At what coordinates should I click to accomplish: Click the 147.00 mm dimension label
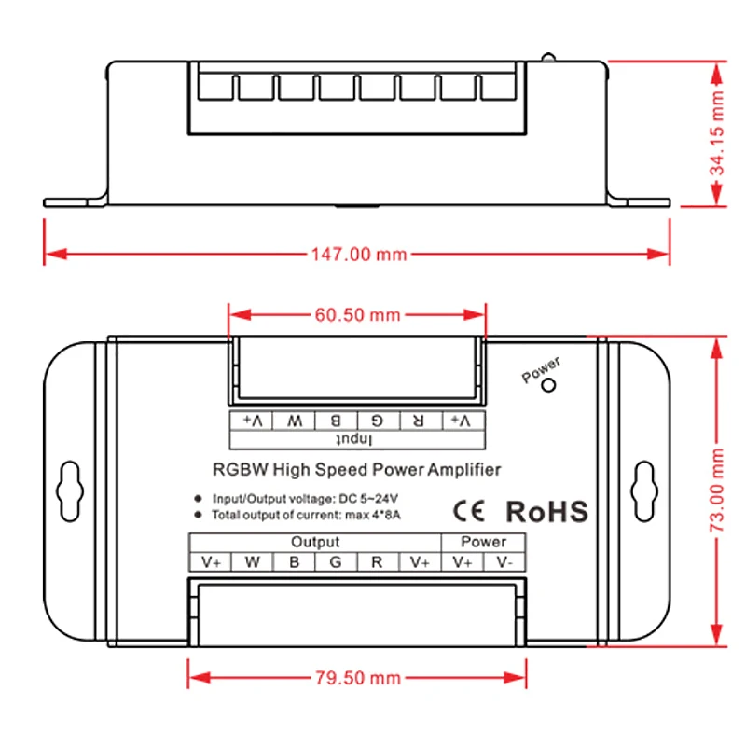click(x=358, y=254)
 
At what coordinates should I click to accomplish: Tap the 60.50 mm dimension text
click(x=357, y=315)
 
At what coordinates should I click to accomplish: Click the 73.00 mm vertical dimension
click(x=716, y=492)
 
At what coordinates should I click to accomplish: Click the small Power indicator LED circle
click(x=549, y=384)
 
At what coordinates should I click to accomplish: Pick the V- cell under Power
click(x=504, y=562)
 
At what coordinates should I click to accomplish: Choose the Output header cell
click(x=315, y=542)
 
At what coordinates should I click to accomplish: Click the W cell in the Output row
click(x=253, y=562)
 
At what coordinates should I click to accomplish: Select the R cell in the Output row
click(x=377, y=562)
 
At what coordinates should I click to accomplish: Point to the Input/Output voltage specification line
click(x=307, y=497)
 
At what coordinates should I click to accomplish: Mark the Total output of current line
click(x=307, y=515)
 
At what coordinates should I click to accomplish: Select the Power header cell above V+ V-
click(x=484, y=542)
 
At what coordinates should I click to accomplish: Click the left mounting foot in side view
click(x=75, y=201)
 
